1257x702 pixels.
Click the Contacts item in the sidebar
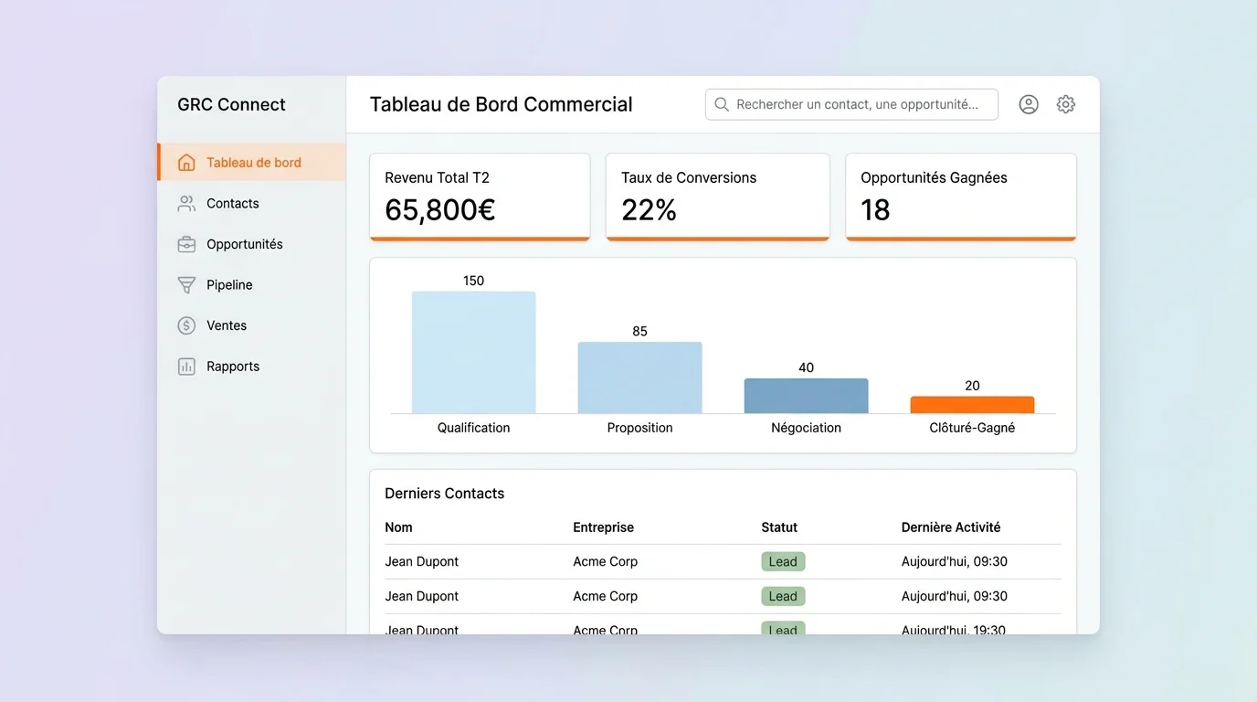point(232,203)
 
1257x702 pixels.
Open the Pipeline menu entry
point(229,284)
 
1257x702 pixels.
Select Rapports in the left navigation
point(232,366)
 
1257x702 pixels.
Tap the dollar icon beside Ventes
point(186,325)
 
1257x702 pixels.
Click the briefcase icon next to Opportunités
point(186,244)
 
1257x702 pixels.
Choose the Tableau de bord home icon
point(186,163)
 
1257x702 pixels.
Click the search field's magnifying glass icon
point(722,104)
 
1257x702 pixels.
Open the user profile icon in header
point(1029,104)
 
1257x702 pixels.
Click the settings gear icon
point(1065,104)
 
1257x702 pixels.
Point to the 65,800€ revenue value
point(439,210)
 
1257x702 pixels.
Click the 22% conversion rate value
point(649,210)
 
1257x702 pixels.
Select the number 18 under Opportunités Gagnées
point(875,210)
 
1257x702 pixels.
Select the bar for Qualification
point(473,352)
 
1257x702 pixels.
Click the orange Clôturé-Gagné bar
point(972,405)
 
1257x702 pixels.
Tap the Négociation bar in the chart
point(806,396)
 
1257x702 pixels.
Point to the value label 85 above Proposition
point(639,331)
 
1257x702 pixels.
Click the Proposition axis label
point(639,428)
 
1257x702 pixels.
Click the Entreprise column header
point(603,527)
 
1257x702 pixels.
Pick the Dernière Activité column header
point(950,527)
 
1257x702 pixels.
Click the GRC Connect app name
point(231,104)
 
